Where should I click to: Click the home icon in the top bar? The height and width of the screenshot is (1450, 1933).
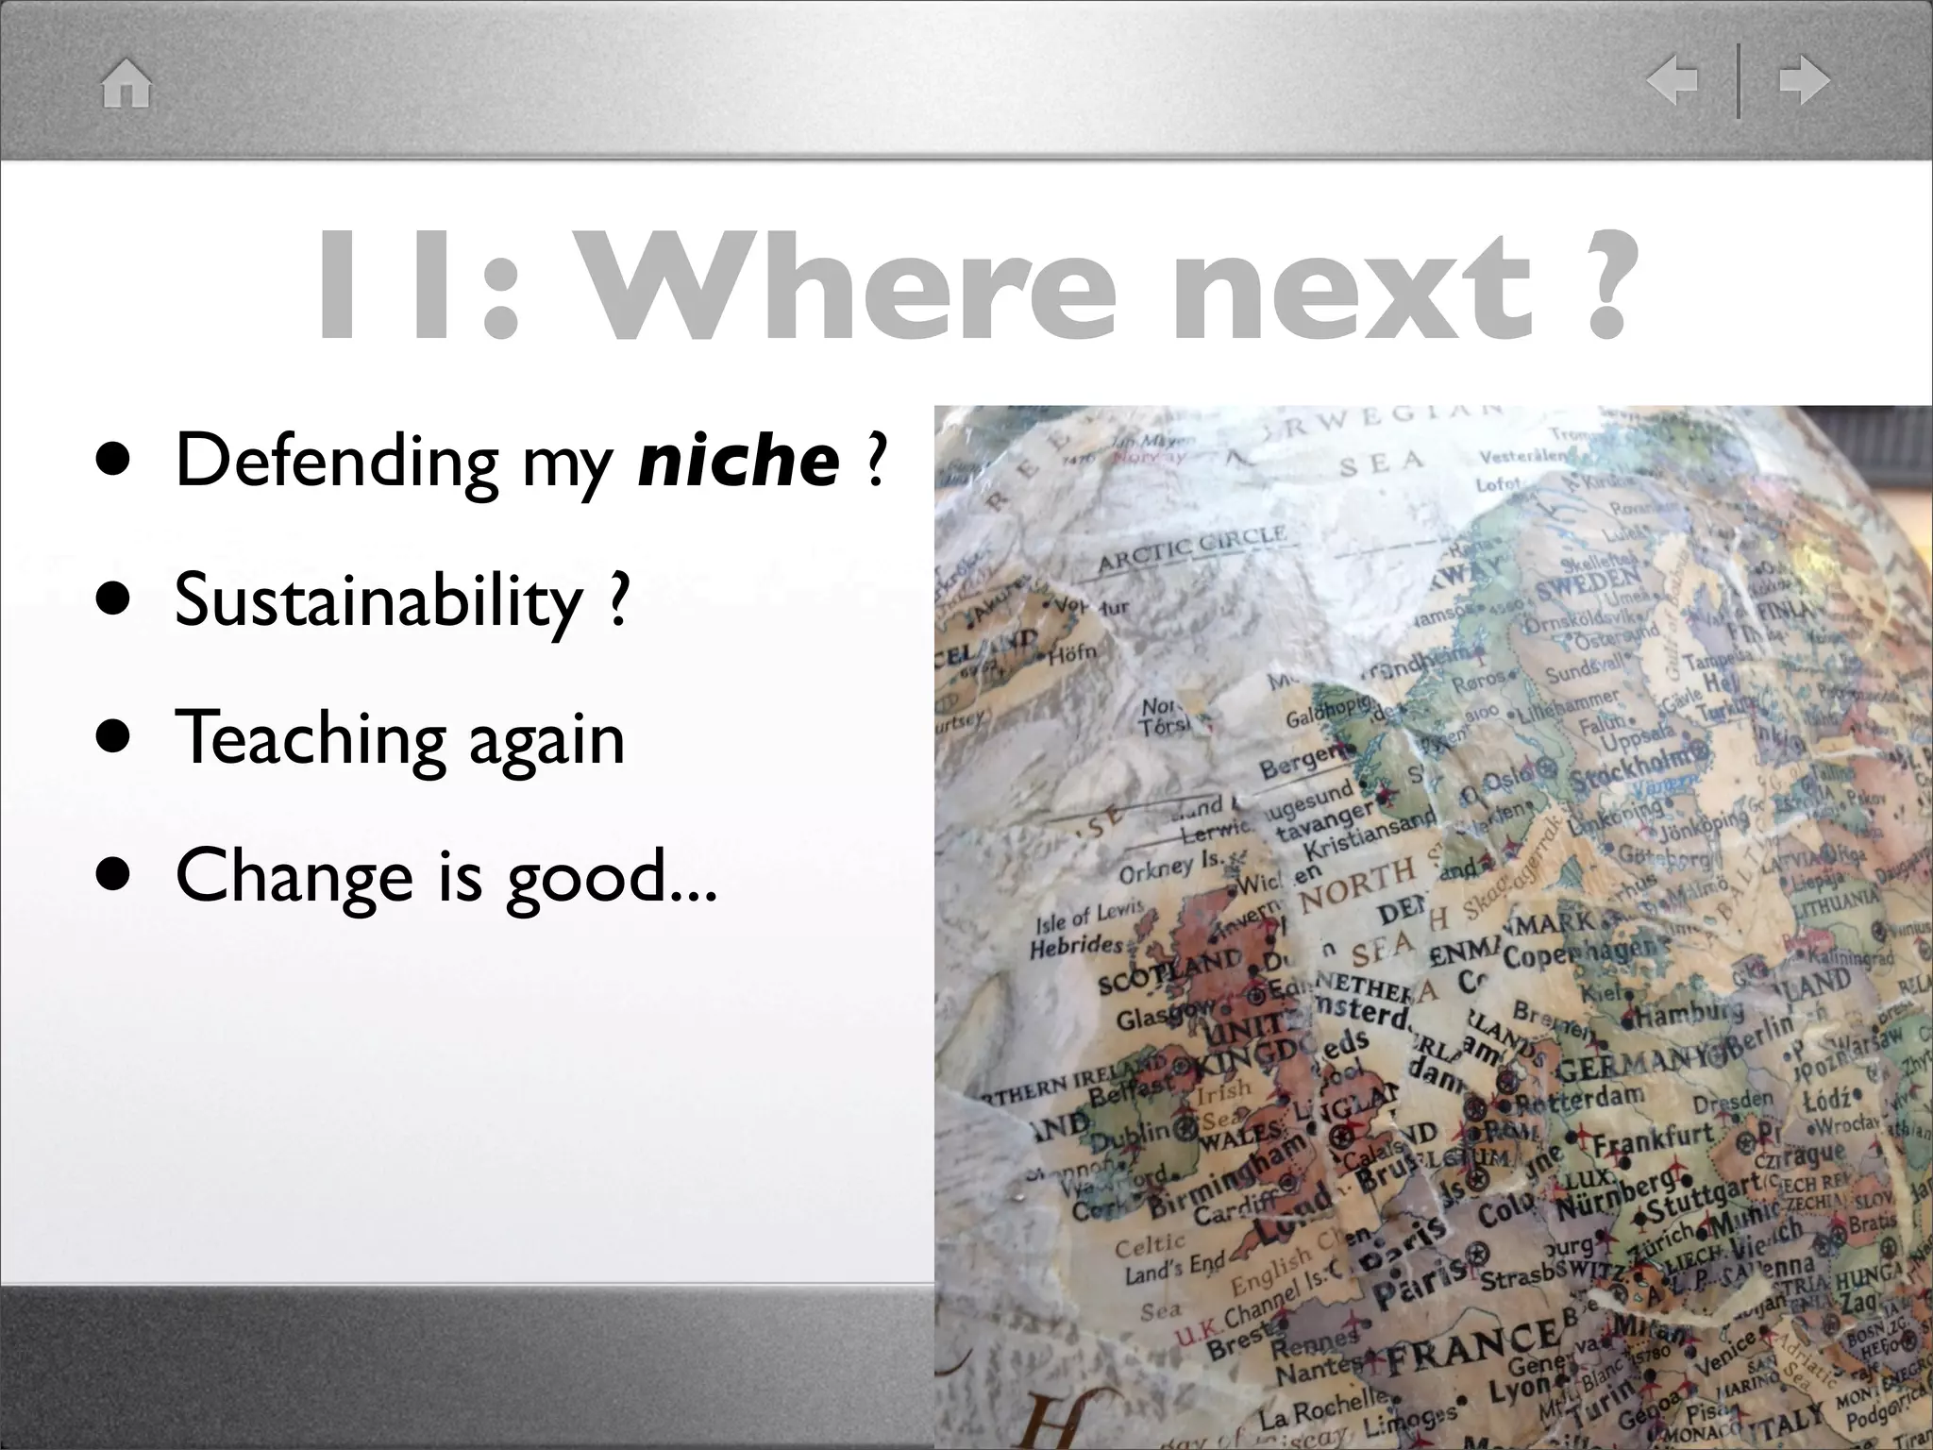click(126, 83)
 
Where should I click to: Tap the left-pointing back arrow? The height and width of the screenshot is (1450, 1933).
click(1672, 80)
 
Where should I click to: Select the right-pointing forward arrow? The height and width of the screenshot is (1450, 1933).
click(1804, 80)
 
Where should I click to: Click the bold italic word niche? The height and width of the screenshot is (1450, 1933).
click(738, 460)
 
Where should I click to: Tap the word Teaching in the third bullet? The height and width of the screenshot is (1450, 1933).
click(309, 738)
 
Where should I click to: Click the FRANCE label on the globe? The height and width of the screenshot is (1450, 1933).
click(1472, 1346)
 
